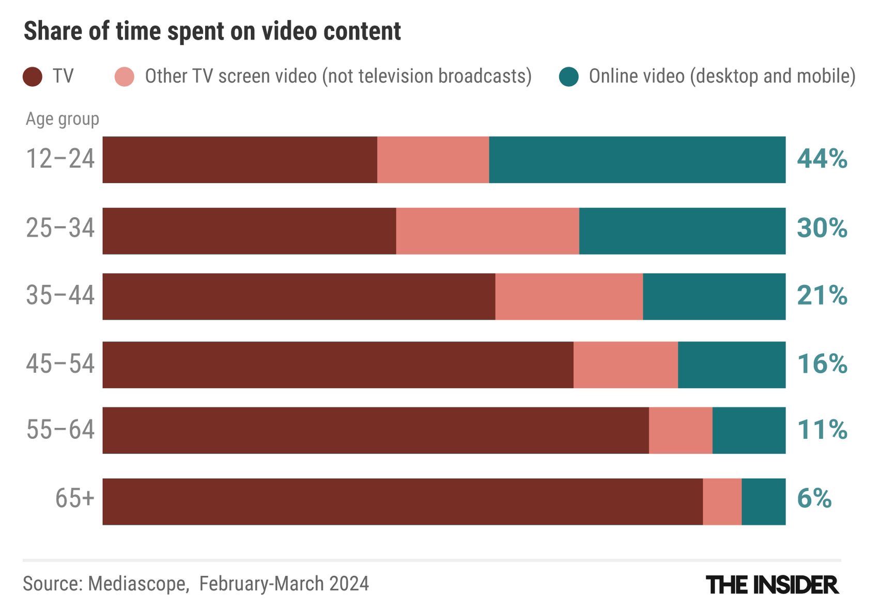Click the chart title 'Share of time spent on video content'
click(212, 31)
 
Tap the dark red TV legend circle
click(33, 77)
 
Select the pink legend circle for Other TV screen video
click(125, 77)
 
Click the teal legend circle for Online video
click(569, 77)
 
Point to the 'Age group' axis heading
click(63, 119)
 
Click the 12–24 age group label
click(60, 159)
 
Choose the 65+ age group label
click(75, 499)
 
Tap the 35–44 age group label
click(60, 296)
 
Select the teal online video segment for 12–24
click(637, 160)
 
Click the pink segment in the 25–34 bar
click(487, 231)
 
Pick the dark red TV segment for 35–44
click(299, 297)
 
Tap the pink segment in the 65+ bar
click(722, 502)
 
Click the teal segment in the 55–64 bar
click(749, 430)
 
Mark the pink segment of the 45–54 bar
click(625, 365)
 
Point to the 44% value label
click(822, 159)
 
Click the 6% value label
click(814, 499)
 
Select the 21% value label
click(822, 296)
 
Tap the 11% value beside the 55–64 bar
click(822, 430)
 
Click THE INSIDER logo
click(772, 585)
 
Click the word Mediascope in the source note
click(137, 584)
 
